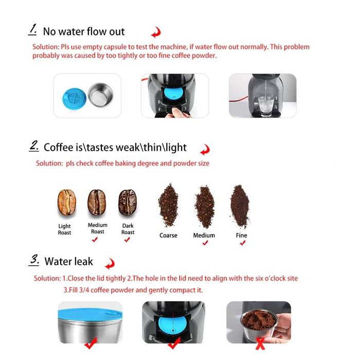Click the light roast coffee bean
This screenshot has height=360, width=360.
click(66, 203)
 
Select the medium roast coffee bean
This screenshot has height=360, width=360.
click(97, 202)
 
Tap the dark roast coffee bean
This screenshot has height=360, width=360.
click(127, 202)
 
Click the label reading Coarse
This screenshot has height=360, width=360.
click(168, 236)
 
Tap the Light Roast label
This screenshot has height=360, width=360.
click(65, 229)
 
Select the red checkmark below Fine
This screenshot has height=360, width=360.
click(242, 243)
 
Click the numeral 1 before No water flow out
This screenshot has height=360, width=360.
click(32, 29)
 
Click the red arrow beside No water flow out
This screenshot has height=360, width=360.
click(155, 33)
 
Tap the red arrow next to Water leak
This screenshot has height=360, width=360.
click(109, 265)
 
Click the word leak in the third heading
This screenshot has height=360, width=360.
click(82, 261)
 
